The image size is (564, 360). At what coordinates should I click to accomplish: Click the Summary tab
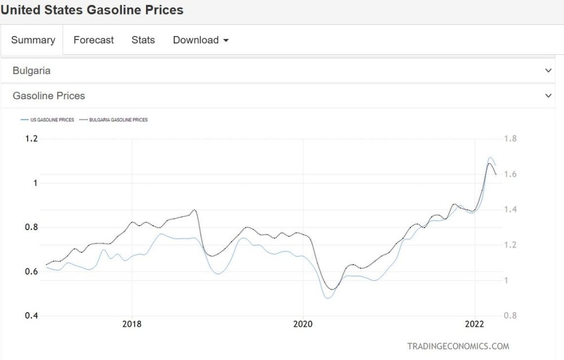(33, 40)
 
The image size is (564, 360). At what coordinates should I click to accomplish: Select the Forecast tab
(94, 40)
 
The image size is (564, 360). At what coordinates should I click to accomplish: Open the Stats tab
(143, 40)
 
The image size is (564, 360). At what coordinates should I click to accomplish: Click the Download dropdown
(201, 40)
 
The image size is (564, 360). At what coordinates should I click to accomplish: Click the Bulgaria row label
(32, 71)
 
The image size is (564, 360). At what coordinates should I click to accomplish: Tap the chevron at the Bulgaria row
(548, 71)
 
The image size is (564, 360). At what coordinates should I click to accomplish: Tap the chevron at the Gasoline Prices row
(548, 96)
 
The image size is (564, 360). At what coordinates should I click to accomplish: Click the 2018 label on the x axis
(132, 324)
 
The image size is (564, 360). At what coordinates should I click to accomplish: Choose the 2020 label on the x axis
(303, 324)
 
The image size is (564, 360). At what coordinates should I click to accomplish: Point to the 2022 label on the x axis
(474, 324)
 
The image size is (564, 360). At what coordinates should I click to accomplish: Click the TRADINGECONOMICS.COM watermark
(458, 346)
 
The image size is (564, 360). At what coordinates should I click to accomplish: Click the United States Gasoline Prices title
(92, 10)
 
